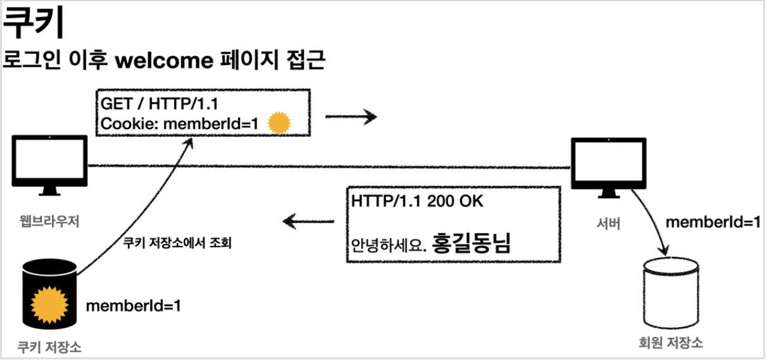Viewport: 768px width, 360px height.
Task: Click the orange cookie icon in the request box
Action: pos(278,124)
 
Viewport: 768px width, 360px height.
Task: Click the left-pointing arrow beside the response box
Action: pos(309,221)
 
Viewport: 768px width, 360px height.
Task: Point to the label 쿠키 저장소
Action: pos(50,347)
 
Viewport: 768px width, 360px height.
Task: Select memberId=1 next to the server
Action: pos(712,222)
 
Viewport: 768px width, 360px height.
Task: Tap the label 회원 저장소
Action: pos(671,343)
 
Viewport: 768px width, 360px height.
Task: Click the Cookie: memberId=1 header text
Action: pos(179,124)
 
